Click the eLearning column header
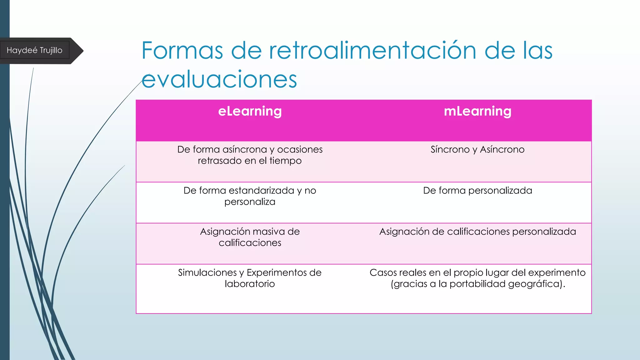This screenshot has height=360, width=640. point(250,111)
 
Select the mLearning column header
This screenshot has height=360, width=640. point(477,111)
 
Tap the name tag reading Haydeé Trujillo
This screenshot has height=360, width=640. point(34,50)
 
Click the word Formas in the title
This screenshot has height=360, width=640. point(182,50)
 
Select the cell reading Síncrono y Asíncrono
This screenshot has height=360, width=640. point(477,149)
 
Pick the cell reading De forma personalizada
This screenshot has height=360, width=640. point(477,190)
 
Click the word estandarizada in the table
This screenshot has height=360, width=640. point(261,190)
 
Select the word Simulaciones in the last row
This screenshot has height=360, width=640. point(207,272)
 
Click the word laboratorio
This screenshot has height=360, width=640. point(250,284)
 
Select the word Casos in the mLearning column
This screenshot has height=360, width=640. point(381,272)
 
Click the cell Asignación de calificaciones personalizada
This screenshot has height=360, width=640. point(477,232)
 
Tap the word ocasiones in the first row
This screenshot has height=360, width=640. point(300,149)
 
